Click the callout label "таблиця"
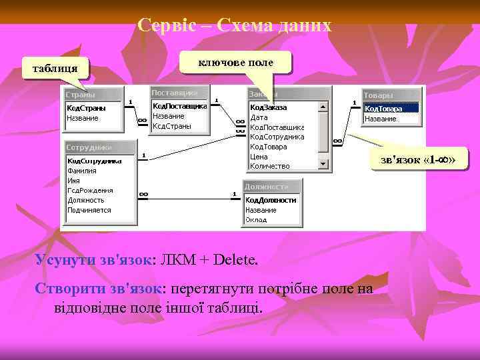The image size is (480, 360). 50,67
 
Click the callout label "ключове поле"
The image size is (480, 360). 237,62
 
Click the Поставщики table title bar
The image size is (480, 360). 179,92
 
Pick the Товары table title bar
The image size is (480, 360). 392,95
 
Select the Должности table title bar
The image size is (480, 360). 272,186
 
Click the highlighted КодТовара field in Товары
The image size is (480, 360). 390,108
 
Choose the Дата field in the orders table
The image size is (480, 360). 259,117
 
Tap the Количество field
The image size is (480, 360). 270,166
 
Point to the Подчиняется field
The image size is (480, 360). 89,210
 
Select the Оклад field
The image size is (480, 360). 256,219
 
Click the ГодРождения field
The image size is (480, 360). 90,190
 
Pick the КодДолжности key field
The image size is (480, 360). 271,199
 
